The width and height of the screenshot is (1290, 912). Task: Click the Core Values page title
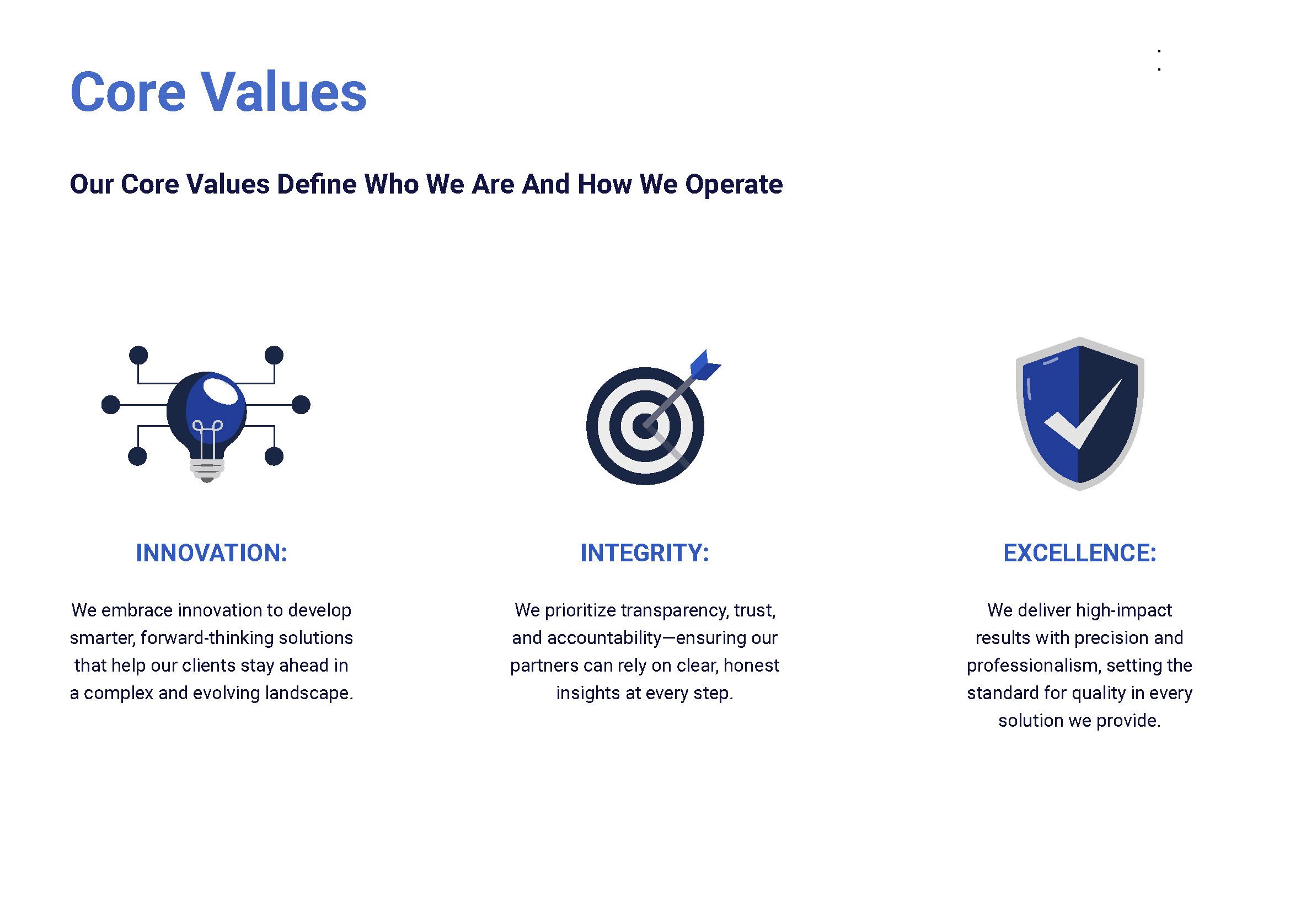coord(218,92)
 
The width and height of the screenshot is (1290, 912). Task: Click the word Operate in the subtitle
coord(733,184)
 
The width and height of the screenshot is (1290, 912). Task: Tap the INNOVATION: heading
coord(211,552)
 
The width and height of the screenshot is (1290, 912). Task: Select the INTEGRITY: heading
coord(644,552)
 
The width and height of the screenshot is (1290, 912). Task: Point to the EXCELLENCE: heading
coord(1079,552)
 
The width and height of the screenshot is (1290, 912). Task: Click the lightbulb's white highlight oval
coord(220,391)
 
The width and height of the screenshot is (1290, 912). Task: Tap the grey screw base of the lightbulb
coord(207,469)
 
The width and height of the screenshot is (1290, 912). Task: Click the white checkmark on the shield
coord(1082,419)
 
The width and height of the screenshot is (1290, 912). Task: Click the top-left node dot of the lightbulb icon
coord(138,355)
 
